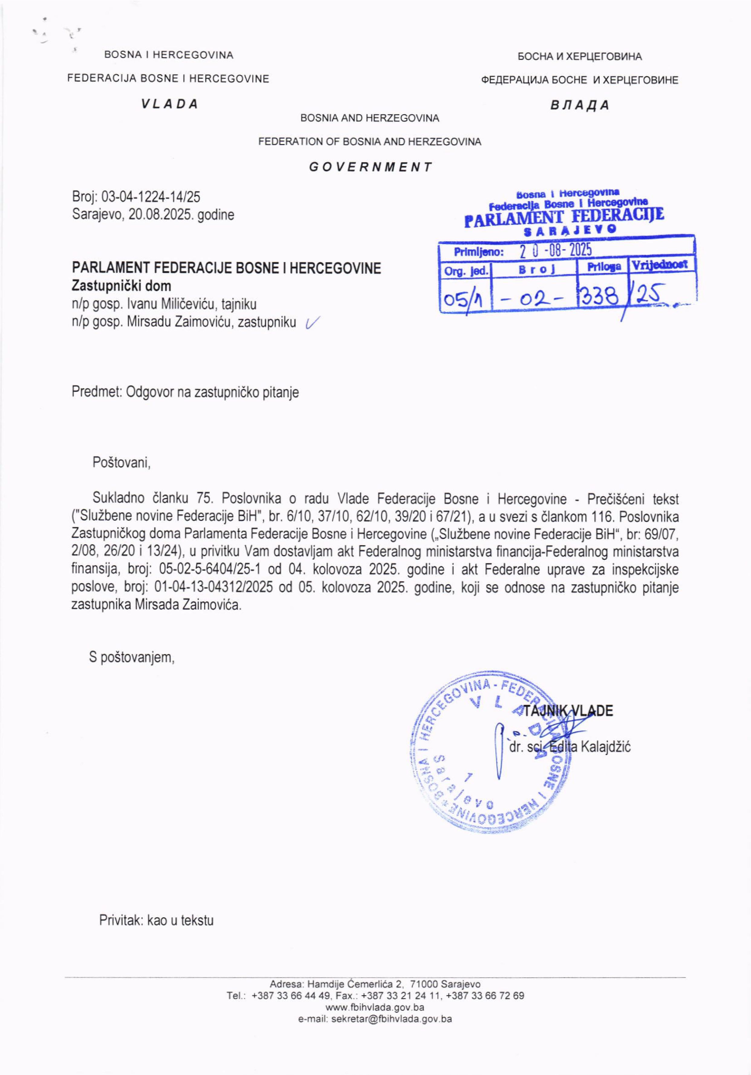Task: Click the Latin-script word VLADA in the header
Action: point(170,104)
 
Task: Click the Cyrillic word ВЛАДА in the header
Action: point(580,105)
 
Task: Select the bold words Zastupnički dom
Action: point(121,286)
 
